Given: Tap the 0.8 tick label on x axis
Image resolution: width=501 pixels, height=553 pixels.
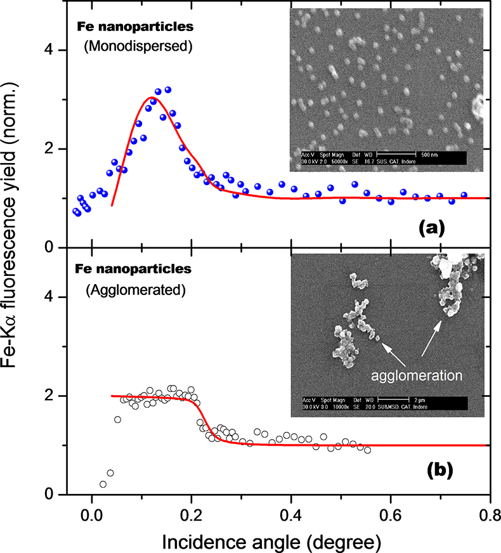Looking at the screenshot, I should coord(488,516).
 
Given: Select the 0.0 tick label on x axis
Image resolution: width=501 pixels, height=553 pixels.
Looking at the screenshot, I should coord(92,516).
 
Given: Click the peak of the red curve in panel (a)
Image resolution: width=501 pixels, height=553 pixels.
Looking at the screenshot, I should coord(150,98).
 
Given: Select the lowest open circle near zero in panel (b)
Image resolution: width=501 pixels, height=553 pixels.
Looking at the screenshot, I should coord(103,484).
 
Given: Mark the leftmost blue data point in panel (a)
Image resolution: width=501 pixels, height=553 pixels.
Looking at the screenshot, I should coord(75,211).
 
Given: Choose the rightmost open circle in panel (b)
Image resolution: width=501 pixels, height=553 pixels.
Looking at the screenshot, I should coord(367,450).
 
